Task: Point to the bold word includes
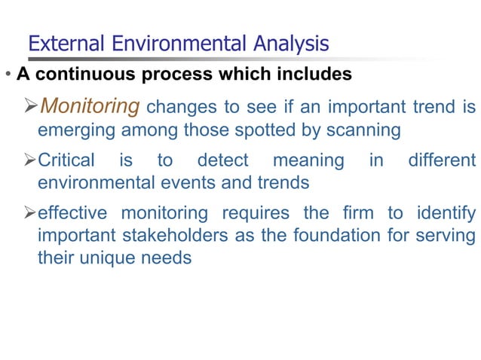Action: click(314, 75)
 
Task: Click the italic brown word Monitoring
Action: click(89, 106)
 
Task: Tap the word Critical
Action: click(66, 160)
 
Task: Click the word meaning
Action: click(308, 160)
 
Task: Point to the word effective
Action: click(73, 213)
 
